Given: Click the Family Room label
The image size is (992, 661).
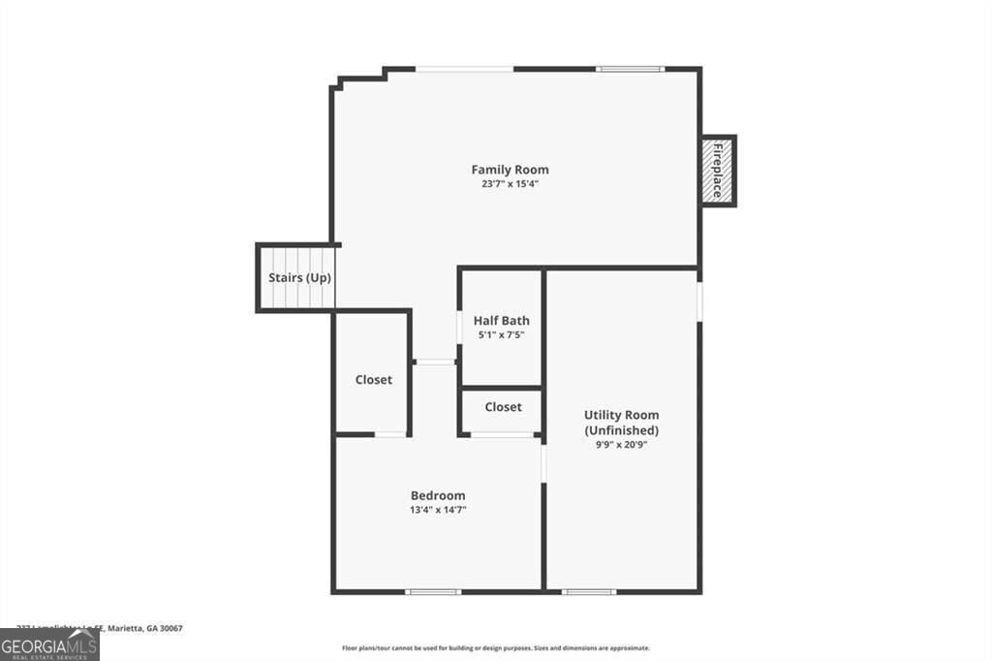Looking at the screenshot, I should [510, 170].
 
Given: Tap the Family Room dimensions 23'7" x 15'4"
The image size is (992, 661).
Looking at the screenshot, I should [510, 183].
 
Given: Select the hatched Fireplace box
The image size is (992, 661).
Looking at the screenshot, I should [718, 171].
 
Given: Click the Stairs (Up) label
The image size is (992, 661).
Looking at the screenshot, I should [299, 278].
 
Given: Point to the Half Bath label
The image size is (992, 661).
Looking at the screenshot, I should [501, 321].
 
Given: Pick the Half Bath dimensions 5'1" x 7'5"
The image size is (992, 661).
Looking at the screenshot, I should [501, 334].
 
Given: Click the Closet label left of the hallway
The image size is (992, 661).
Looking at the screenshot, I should [373, 380].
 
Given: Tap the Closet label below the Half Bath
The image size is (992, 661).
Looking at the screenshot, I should [503, 407].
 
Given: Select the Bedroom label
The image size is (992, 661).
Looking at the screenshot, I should [438, 495].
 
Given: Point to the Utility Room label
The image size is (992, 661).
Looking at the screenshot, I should [621, 415].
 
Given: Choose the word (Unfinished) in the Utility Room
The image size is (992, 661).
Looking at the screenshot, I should [621, 430].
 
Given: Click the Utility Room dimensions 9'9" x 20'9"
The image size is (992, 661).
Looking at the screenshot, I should [621, 444].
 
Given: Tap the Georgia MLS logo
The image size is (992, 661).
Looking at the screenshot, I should [49, 645].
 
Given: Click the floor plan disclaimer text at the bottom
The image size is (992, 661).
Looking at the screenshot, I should [495, 648].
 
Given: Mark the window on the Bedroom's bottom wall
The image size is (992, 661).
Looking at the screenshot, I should [433, 590].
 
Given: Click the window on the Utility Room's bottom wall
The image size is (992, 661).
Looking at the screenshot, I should [589, 590].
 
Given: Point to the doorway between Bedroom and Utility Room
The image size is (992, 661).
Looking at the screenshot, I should [543, 462].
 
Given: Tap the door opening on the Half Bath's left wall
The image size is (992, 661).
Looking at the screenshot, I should [459, 326].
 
